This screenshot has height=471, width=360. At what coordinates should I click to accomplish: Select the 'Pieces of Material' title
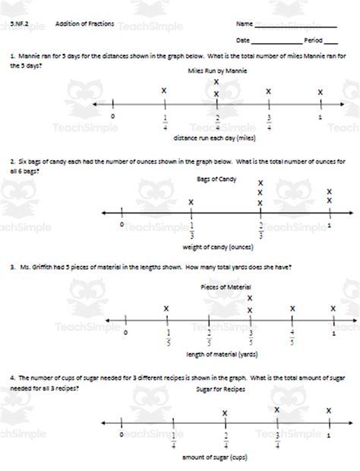click(226, 286)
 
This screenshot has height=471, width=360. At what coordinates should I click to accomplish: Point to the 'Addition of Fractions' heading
click(85, 24)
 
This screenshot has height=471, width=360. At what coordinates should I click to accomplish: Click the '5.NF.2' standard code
click(21, 24)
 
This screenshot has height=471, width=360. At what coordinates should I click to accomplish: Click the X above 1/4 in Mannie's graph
click(164, 92)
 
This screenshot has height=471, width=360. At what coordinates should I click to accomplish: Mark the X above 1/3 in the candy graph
click(191, 202)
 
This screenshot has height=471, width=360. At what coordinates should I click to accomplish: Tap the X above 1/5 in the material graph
click(166, 308)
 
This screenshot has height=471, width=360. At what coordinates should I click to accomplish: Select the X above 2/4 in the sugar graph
click(225, 413)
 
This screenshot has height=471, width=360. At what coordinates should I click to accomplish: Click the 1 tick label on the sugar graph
click(328, 436)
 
